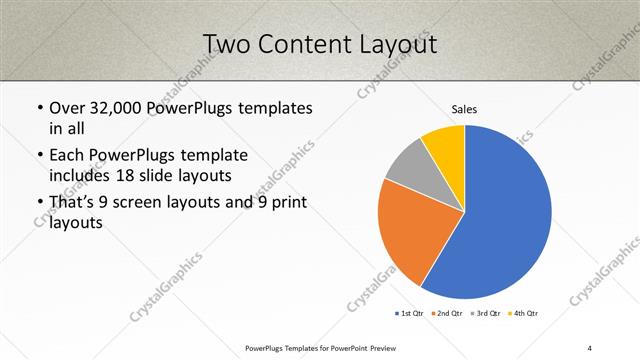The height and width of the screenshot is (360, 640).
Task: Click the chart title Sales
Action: click(x=464, y=108)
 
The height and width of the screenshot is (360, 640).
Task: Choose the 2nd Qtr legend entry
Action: click(x=447, y=313)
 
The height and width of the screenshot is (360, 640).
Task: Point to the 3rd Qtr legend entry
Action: click(x=486, y=313)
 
